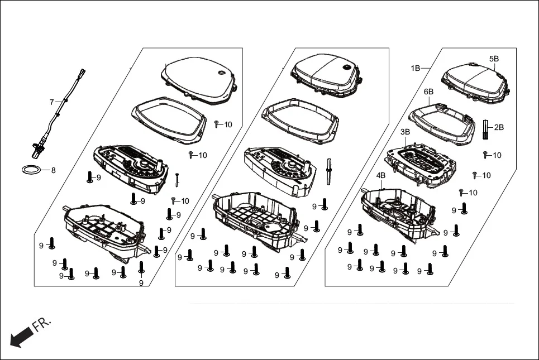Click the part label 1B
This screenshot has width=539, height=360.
(416, 68)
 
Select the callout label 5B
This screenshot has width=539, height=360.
(494, 59)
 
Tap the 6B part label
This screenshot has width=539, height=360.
(428, 92)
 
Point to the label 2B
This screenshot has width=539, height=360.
(499, 127)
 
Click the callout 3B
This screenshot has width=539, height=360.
(406, 132)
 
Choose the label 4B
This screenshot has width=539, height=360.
(380, 175)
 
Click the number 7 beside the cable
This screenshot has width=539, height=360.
(51, 102)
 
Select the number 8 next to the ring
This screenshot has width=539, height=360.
(53, 170)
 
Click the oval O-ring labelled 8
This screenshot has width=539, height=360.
(31, 170)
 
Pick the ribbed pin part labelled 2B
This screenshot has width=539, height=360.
(485, 131)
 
